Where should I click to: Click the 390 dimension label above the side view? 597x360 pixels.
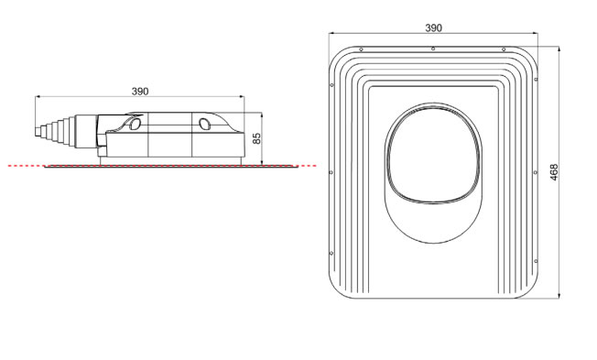tap(140, 92)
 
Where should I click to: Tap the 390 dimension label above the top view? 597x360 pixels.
tap(433, 27)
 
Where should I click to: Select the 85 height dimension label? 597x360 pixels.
tap(257, 138)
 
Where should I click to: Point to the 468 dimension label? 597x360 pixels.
tap(554, 172)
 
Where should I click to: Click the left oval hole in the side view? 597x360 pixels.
tap(135, 124)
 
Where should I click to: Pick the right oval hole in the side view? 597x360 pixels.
tap(204, 124)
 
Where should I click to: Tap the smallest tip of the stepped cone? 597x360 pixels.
tap(38, 131)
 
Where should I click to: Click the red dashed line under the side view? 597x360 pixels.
tap(162, 166)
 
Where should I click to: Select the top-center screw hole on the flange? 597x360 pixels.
tap(433, 49)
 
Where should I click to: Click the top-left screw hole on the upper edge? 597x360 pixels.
tap(361, 49)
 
